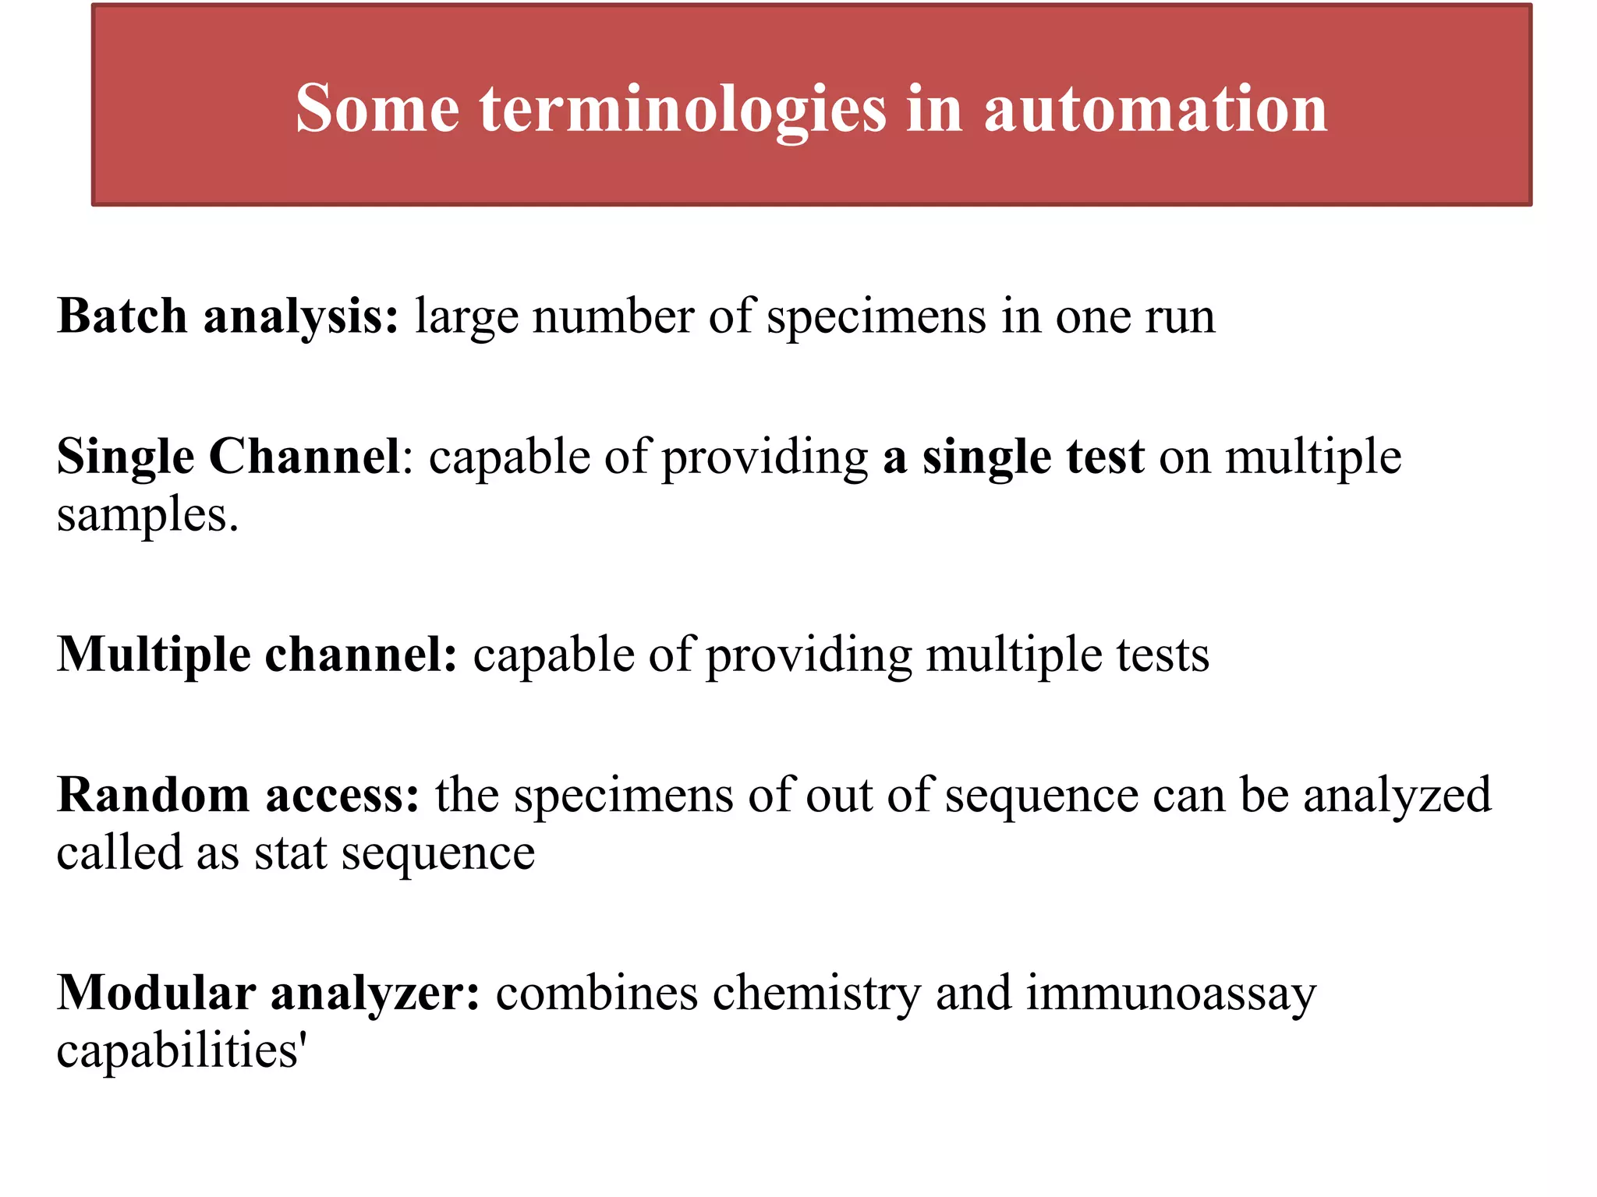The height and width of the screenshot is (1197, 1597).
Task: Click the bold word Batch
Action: (122, 316)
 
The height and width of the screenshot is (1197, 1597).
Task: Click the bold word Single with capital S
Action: (126, 457)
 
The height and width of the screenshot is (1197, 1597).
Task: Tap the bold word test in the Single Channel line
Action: (1106, 457)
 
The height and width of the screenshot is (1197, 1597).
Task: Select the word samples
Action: (147, 515)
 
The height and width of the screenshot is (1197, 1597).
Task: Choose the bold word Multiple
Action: (154, 655)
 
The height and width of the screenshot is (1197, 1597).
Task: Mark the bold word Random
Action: (153, 795)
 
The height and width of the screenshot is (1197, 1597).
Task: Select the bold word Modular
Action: (156, 993)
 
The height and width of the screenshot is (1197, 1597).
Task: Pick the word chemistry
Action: (816, 994)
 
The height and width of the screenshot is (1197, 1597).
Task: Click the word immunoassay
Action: (1170, 994)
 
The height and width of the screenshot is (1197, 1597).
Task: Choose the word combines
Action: (597, 994)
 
